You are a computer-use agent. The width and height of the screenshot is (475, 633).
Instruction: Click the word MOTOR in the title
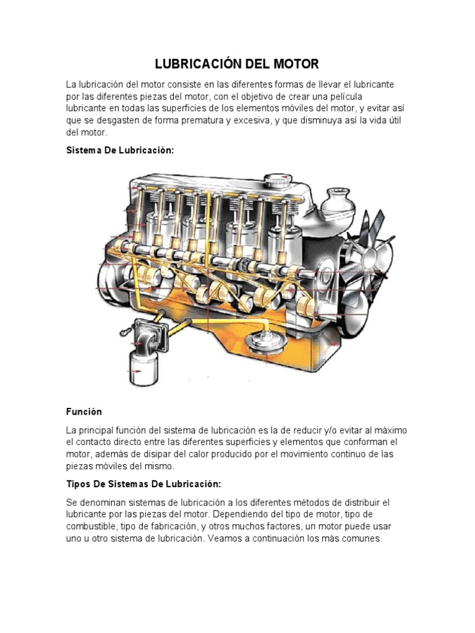point(294,64)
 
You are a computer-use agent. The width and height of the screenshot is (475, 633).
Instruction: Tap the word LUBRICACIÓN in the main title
point(195,64)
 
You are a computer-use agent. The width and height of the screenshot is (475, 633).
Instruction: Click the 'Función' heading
point(84,411)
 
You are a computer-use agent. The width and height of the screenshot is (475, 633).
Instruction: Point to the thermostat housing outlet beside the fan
point(337,201)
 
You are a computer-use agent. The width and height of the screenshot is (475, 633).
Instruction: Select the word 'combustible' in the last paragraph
point(90,526)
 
